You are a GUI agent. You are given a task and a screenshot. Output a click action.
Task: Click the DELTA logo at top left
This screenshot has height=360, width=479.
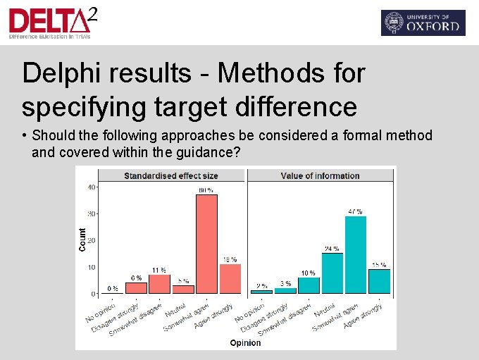click(x=54, y=23)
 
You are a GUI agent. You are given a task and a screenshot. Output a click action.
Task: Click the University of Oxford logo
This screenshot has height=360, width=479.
click(x=423, y=23)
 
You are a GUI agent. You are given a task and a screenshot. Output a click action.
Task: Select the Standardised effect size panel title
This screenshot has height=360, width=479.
click(x=171, y=175)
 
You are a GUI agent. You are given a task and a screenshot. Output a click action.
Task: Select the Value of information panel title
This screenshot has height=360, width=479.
click(x=320, y=175)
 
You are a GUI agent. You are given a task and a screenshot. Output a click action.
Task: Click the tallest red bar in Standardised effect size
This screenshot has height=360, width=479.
click(x=206, y=244)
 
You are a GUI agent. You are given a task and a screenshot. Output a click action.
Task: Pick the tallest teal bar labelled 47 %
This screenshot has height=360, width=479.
click(x=356, y=254)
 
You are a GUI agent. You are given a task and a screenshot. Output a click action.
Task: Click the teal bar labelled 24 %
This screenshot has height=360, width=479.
click(x=332, y=273)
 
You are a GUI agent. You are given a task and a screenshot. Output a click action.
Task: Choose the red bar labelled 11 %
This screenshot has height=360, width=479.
click(x=159, y=284)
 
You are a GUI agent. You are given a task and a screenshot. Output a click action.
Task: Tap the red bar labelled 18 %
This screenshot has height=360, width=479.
click(x=230, y=278)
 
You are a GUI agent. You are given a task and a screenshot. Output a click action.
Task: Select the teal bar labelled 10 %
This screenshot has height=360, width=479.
click(x=309, y=285)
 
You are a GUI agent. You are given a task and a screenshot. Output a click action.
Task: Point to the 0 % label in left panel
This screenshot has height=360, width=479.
click(x=112, y=288)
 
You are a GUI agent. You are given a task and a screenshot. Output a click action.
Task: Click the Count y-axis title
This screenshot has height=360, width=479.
click(x=82, y=240)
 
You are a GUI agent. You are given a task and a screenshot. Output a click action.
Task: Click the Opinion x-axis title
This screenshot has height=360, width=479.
click(x=245, y=343)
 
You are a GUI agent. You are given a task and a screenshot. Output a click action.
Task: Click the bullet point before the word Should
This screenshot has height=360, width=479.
click(x=25, y=135)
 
